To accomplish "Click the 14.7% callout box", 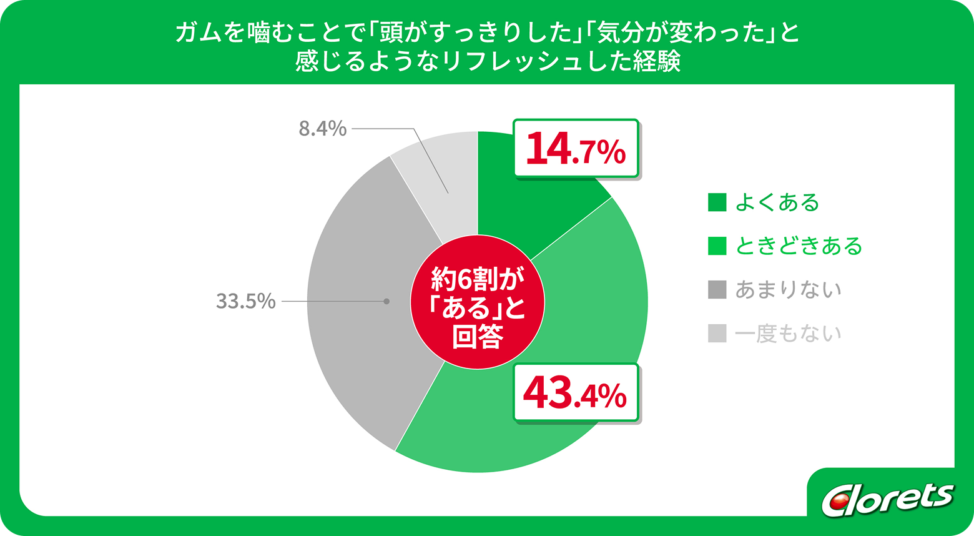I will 576,148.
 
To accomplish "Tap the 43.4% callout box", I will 576,392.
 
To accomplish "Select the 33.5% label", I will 246,301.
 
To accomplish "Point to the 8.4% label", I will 322,129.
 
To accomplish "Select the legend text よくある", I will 777,202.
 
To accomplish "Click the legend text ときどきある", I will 799,246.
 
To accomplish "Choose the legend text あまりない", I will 788,290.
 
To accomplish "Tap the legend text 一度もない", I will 788,334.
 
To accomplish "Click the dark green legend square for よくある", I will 717,202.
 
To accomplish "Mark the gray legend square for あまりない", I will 717,290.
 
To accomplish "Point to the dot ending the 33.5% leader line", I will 386,301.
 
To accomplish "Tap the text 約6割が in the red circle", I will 477,280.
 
